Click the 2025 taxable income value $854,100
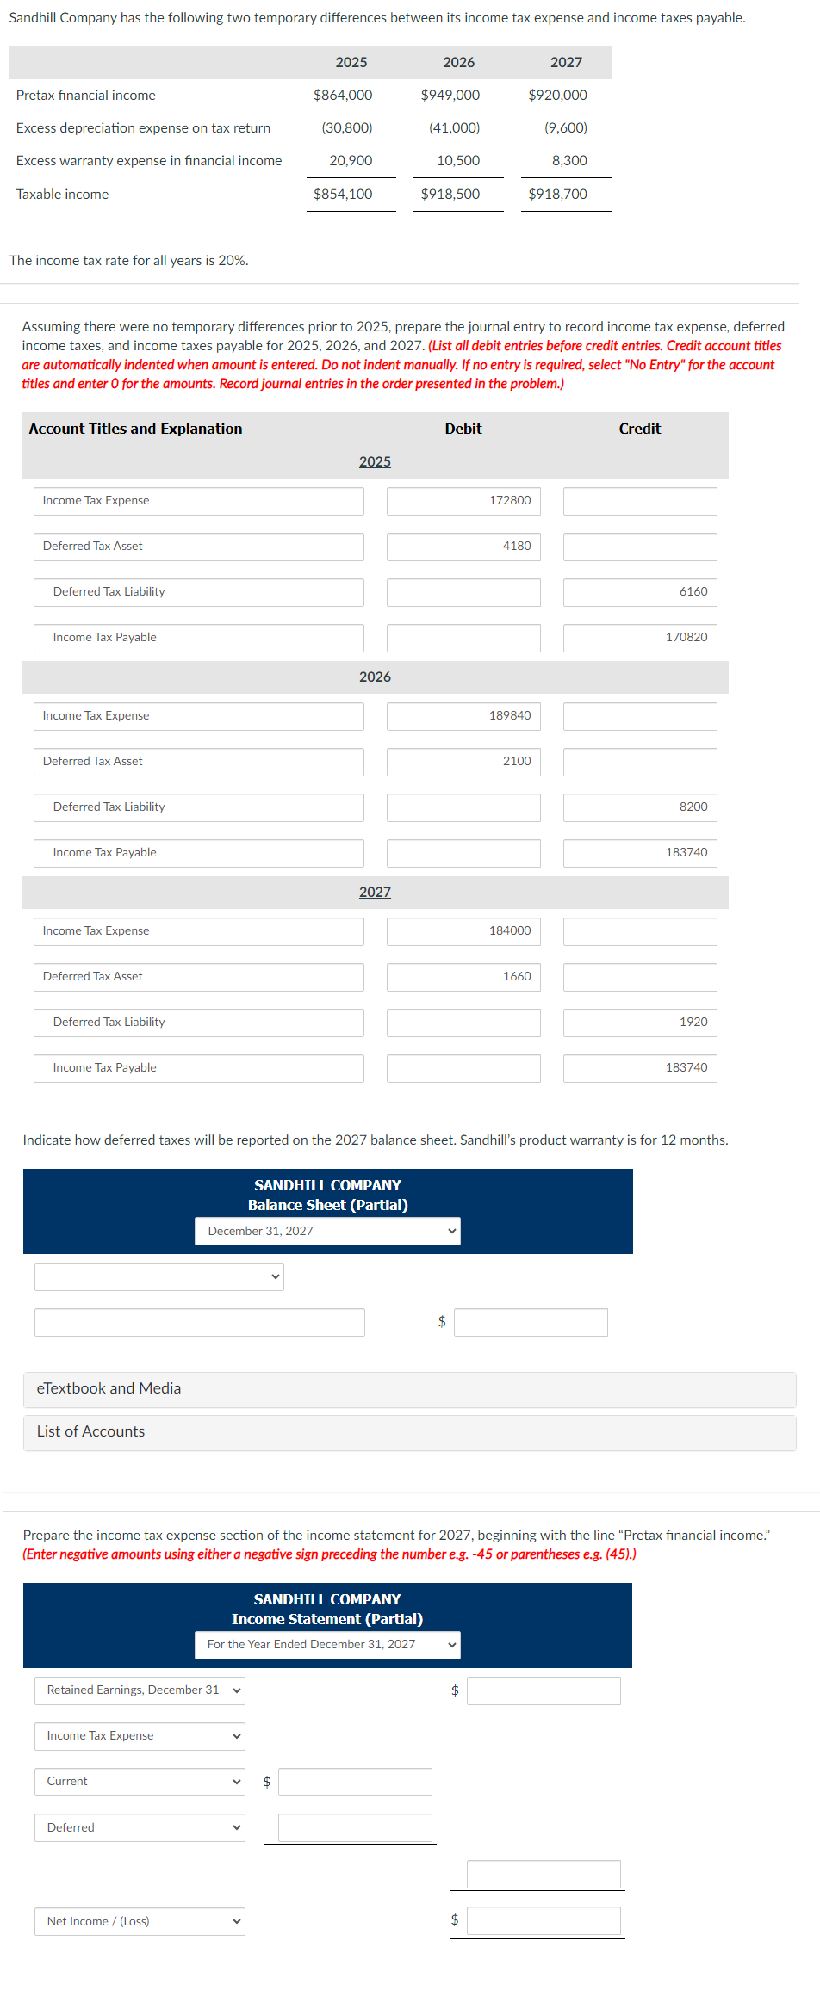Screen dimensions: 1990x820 click(343, 195)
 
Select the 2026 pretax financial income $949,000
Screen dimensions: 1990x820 click(450, 96)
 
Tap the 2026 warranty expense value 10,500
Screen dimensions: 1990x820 click(457, 161)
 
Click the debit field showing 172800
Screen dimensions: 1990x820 click(463, 501)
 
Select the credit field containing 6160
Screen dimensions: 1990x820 click(640, 592)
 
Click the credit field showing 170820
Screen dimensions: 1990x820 click(640, 638)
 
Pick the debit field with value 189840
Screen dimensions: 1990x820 click(463, 716)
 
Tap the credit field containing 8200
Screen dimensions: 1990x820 click(640, 807)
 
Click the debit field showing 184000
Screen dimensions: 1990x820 click(463, 931)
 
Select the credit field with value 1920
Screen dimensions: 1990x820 click(640, 1023)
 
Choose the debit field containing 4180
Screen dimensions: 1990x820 click(463, 547)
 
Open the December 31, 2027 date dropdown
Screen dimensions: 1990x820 click(327, 1232)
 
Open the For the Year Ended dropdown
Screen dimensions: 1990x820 click(327, 1645)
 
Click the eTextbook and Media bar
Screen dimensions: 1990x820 click(409, 1389)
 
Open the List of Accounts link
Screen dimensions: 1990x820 click(91, 1432)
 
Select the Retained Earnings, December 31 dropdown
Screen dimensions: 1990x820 click(140, 1690)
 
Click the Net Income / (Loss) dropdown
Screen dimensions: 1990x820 click(140, 1922)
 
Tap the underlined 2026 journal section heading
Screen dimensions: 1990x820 click(375, 677)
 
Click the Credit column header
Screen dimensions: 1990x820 click(639, 429)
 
